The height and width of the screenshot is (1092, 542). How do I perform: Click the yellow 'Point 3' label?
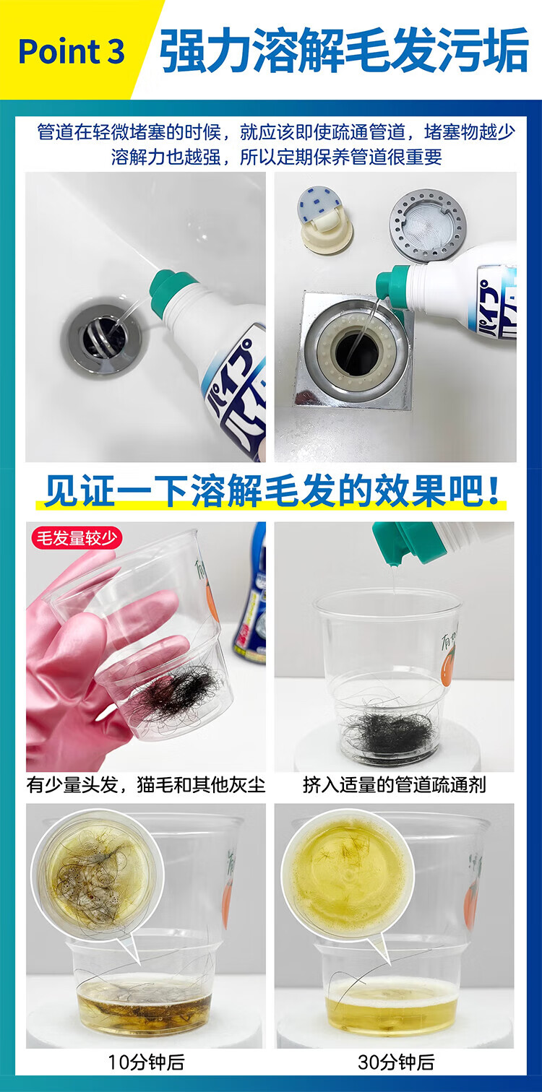coord(71,51)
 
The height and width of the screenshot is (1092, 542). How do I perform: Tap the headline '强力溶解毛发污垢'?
coord(343,50)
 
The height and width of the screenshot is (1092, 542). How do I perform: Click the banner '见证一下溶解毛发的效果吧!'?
coord(271,491)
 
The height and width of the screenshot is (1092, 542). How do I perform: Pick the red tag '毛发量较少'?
coord(76,538)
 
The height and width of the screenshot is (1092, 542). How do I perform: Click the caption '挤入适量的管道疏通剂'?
coord(395,785)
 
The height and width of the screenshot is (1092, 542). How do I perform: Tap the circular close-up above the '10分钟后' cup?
coord(98,874)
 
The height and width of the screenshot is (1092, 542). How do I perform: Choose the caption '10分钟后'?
coord(146,1062)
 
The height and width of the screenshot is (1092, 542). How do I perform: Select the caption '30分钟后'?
coord(395,1062)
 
